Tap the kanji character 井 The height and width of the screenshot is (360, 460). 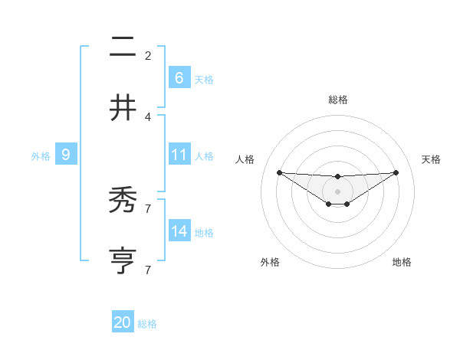pos(123,107)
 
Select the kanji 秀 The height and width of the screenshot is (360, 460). pos(123,200)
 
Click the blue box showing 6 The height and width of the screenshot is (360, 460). pos(179,78)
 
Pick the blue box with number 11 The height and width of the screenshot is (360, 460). pos(179,155)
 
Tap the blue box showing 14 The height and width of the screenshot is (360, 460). pos(179,231)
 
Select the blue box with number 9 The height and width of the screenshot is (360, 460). pos(66,155)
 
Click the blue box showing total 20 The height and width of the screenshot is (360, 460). pos(123,323)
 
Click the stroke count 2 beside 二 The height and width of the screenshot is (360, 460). pos(148,55)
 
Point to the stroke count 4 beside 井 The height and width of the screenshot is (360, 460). pos(148,116)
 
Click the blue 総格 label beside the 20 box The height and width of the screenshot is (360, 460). pos(147,324)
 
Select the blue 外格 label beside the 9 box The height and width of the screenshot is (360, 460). pos(41,155)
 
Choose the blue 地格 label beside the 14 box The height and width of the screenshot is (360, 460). pos(204,232)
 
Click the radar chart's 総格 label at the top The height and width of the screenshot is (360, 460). pos(337,100)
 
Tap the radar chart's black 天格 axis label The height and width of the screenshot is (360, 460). pos(432,159)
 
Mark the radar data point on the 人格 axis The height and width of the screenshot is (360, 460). pos(279,172)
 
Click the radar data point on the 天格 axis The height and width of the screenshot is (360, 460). pos(396,172)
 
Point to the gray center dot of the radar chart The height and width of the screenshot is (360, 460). pos(337,191)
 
